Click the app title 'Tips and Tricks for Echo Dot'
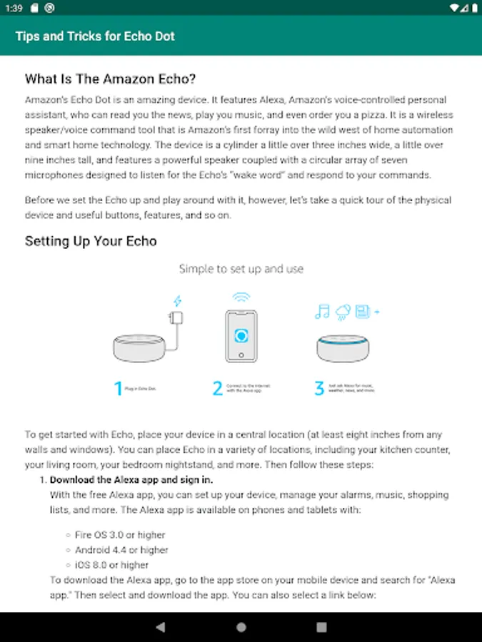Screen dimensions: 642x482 point(95,36)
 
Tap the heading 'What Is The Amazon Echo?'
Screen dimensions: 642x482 point(111,78)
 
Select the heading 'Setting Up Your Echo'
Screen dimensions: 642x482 point(91,241)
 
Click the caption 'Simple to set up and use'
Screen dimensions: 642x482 point(241,269)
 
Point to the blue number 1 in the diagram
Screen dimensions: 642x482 point(119,389)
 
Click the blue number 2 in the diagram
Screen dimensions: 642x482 point(218,389)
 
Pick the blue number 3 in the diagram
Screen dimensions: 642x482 point(319,389)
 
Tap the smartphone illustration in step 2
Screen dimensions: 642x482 point(241,335)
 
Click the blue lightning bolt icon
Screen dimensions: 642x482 point(178,302)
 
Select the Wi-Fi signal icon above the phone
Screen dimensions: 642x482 point(241,297)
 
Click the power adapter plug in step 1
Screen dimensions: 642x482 point(174,318)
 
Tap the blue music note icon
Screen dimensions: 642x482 point(323,311)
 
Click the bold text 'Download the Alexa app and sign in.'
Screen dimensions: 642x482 point(131,480)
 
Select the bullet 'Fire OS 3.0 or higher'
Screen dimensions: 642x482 point(120,534)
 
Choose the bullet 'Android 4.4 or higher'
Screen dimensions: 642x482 point(121,550)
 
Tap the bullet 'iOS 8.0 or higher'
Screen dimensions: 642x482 point(111,565)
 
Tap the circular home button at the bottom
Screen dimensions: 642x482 point(241,627)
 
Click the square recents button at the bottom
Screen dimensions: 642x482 point(322,627)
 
